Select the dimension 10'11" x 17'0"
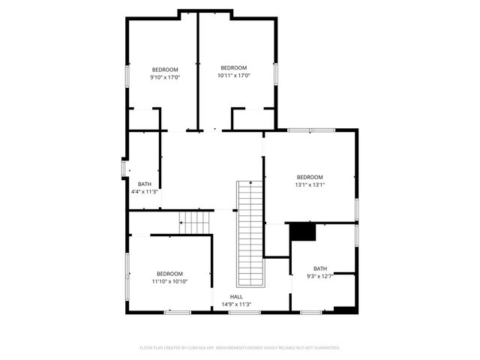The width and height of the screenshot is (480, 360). point(233,75)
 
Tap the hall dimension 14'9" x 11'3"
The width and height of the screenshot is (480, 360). point(235,304)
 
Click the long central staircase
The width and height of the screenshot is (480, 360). point(251,233)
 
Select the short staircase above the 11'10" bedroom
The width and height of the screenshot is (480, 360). point(197,223)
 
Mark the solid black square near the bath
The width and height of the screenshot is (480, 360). point(303,232)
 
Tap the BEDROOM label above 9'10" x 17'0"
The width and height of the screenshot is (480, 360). point(164,69)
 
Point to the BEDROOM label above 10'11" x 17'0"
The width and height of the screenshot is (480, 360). point(233,68)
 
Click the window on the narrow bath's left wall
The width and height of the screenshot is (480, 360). point(124,168)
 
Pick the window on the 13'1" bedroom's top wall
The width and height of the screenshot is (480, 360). point(310,130)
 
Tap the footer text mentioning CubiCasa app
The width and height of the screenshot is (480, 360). point(240,348)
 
